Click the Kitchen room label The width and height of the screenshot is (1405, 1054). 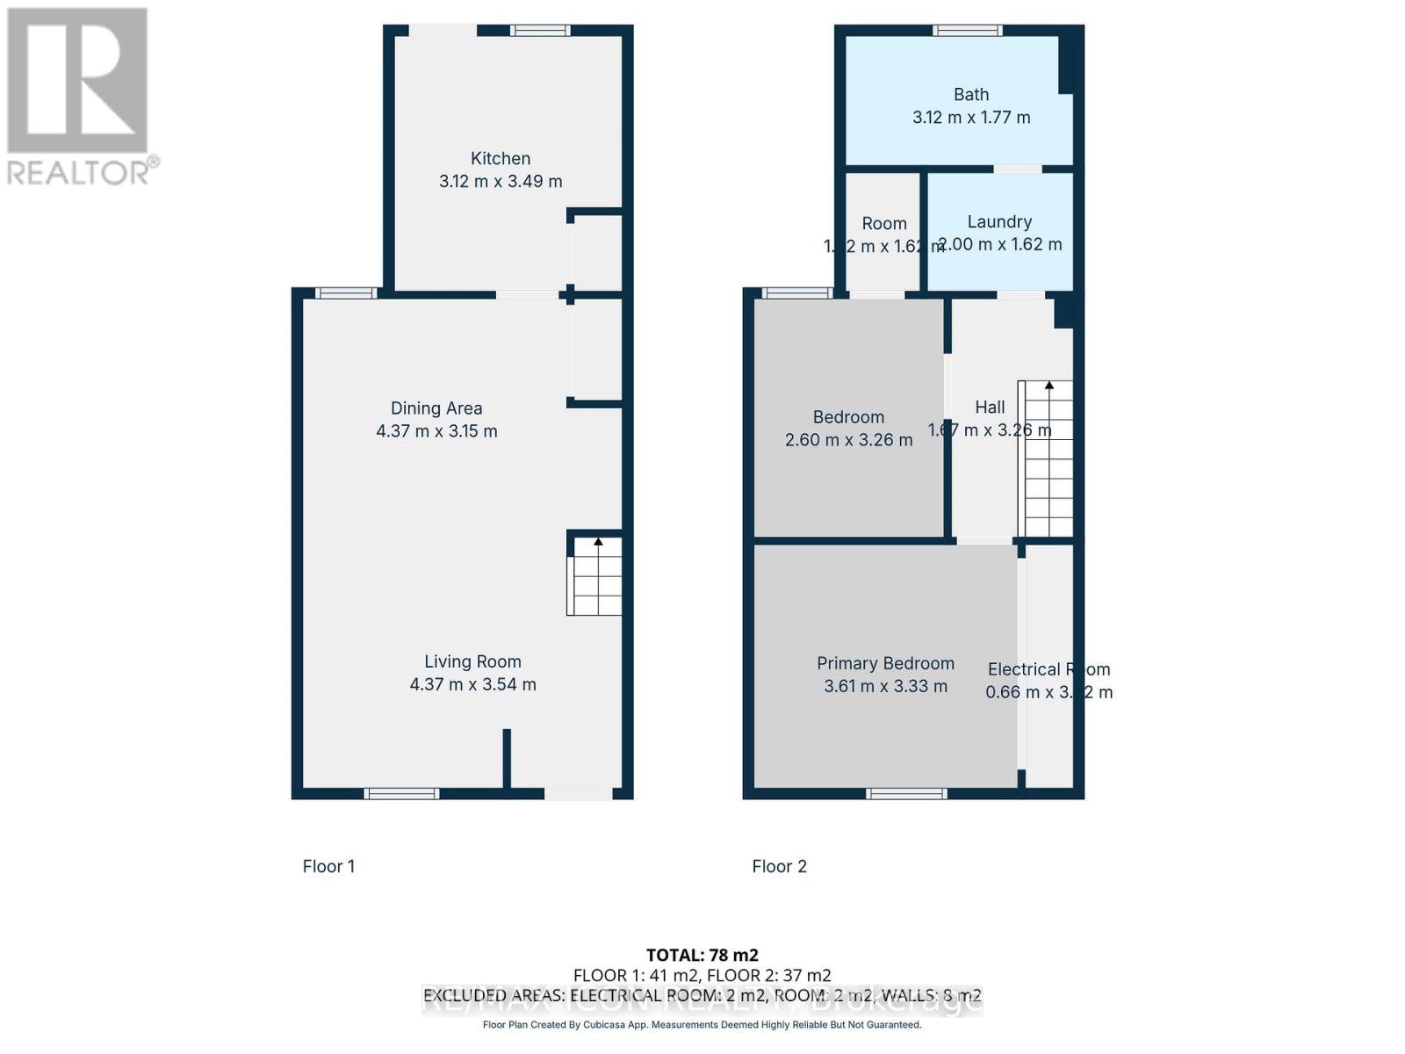tap(501, 159)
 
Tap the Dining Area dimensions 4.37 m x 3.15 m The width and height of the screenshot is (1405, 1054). tap(436, 431)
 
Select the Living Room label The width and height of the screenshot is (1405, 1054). tap(472, 661)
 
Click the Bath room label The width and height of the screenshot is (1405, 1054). tap(971, 95)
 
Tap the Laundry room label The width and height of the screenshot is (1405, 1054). tap(999, 222)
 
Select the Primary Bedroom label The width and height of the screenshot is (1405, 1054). tap(885, 663)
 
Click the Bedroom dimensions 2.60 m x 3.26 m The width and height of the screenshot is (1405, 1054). tap(848, 440)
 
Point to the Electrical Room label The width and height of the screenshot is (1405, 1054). tap(1048, 669)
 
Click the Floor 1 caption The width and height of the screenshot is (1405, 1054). tap(328, 866)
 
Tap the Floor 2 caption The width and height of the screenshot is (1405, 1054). tap(779, 866)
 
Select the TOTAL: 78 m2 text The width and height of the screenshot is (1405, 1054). tap(702, 955)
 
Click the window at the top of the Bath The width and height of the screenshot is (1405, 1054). tap(967, 31)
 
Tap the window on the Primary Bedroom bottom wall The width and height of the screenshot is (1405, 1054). tap(906, 794)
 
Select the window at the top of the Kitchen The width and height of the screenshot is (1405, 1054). tap(541, 31)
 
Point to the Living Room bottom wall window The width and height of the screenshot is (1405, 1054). tap(401, 794)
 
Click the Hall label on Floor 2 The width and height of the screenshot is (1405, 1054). tap(990, 408)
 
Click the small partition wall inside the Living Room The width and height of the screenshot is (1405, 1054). tap(507, 758)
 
